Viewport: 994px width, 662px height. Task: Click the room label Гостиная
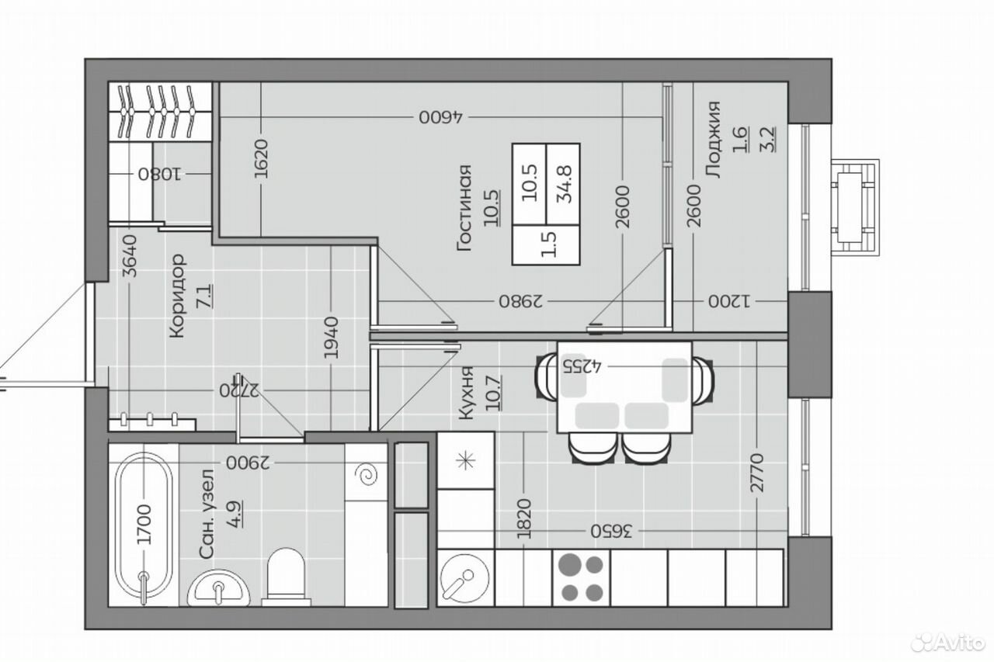coord(464,208)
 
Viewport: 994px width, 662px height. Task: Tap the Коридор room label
coord(177,296)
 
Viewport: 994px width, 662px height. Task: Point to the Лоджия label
coord(713,140)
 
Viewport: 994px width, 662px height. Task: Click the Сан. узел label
coord(207,514)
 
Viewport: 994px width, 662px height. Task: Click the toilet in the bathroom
coord(287,577)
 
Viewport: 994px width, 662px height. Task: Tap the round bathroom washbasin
coord(218,588)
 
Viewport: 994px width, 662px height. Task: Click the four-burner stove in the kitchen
coord(582,578)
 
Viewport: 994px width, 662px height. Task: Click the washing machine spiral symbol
coord(368,476)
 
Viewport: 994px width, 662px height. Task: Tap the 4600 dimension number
coord(440,117)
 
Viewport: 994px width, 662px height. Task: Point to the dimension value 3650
coord(610,531)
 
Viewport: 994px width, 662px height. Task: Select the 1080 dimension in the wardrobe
coord(160,175)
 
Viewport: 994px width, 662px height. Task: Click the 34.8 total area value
coord(566,184)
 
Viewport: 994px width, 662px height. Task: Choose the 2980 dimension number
coord(521,301)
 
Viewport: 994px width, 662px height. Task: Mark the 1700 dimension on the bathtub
coord(144,524)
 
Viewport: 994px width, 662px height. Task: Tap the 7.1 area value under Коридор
coord(207,296)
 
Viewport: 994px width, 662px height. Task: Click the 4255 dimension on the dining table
coord(582,366)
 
